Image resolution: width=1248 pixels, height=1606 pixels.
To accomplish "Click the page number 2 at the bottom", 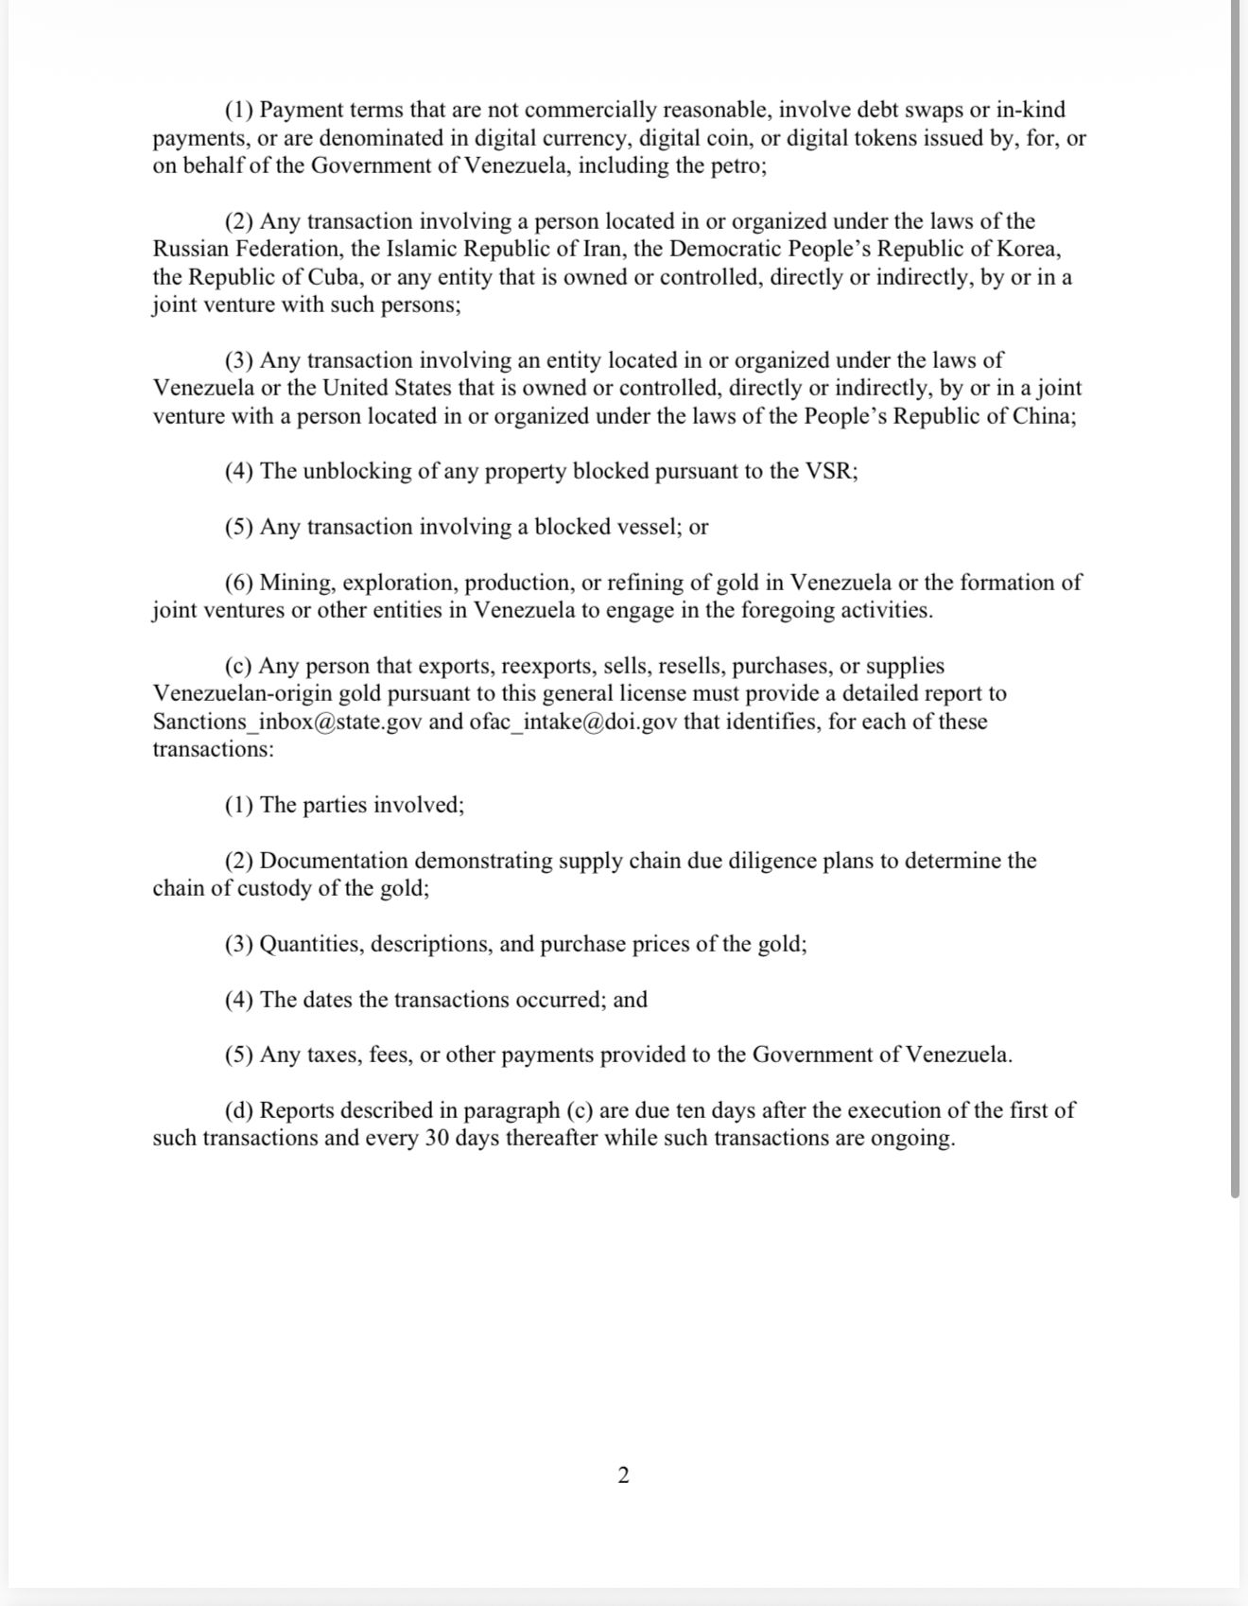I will (623, 1475).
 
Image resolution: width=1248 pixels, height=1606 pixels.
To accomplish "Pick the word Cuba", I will (334, 277).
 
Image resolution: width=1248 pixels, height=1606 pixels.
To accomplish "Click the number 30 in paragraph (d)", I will (436, 1138).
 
